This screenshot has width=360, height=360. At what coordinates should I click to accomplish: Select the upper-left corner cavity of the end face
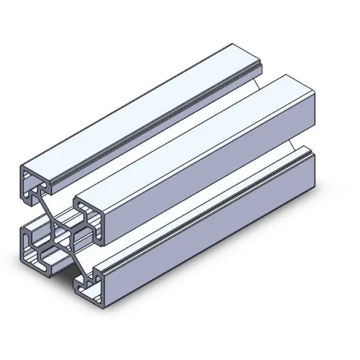point(32,183)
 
